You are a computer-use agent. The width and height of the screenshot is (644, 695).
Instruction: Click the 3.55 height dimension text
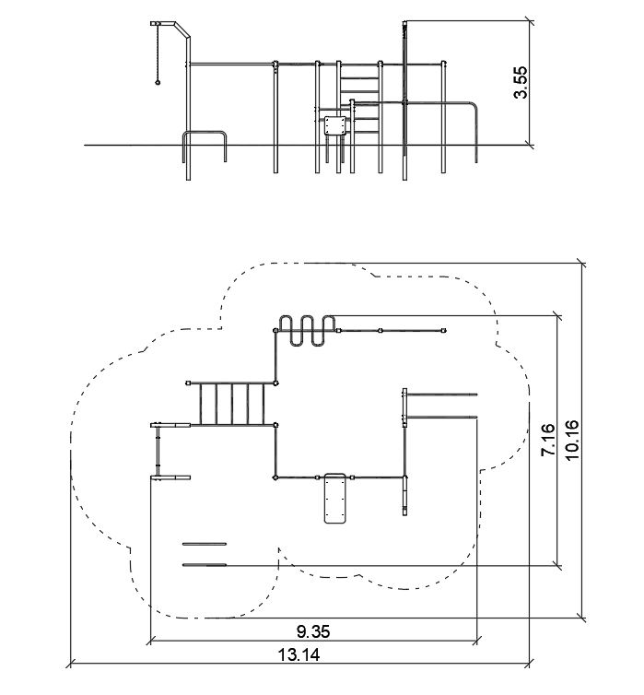click(x=521, y=82)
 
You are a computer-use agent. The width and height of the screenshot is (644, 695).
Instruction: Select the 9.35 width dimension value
click(x=313, y=631)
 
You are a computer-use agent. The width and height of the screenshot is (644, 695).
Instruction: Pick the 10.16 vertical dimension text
click(x=568, y=441)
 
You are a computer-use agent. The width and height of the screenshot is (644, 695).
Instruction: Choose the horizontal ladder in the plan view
click(x=233, y=404)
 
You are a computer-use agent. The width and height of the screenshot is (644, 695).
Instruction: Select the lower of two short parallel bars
click(x=205, y=564)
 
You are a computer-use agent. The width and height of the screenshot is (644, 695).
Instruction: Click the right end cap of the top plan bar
click(x=446, y=329)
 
